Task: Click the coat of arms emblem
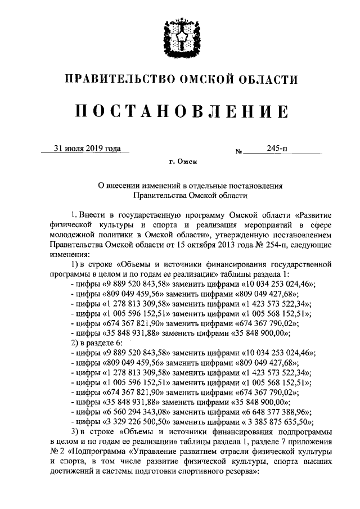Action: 179,36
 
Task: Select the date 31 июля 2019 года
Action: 87,149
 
